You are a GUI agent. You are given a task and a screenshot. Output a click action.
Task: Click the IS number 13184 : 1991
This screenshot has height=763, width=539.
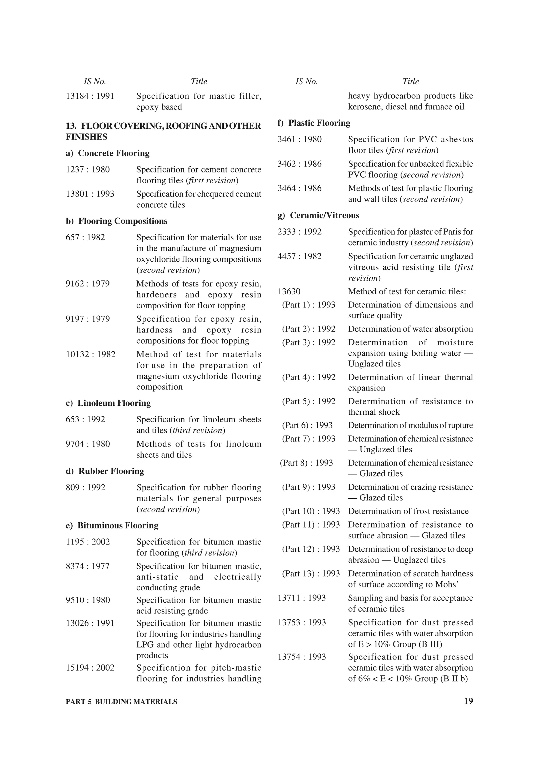(x=90, y=96)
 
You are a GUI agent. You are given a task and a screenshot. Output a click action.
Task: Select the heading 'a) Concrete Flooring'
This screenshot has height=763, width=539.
(x=108, y=153)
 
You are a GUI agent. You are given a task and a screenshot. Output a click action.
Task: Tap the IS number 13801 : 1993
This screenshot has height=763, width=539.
(x=90, y=194)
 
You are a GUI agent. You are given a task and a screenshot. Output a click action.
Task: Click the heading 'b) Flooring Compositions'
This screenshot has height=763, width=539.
(x=117, y=221)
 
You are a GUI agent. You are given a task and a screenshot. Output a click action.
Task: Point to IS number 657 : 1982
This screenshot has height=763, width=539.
(x=85, y=237)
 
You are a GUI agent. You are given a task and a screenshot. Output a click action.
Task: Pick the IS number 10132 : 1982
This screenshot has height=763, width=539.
(x=91, y=354)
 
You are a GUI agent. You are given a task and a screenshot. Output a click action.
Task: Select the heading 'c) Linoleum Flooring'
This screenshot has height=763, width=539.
(x=108, y=403)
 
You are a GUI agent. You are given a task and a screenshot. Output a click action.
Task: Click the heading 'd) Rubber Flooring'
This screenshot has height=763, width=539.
(x=105, y=471)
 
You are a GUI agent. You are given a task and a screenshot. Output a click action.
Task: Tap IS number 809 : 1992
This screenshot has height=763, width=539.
(x=85, y=488)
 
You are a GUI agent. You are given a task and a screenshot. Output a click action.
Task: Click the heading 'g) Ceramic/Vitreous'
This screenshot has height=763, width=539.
(x=318, y=215)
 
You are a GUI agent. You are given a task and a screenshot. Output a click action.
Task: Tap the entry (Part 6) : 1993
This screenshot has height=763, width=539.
(x=307, y=425)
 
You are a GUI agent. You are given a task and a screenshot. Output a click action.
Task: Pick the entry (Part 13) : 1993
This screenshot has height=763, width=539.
(x=311, y=574)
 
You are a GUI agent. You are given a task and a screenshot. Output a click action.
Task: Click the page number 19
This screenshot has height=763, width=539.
(x=468, y=701)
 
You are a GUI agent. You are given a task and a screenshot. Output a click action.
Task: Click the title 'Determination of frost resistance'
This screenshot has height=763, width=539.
(x=408, y=511)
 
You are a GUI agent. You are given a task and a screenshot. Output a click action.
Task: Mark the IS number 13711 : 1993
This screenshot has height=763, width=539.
(x=302, y=598)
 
